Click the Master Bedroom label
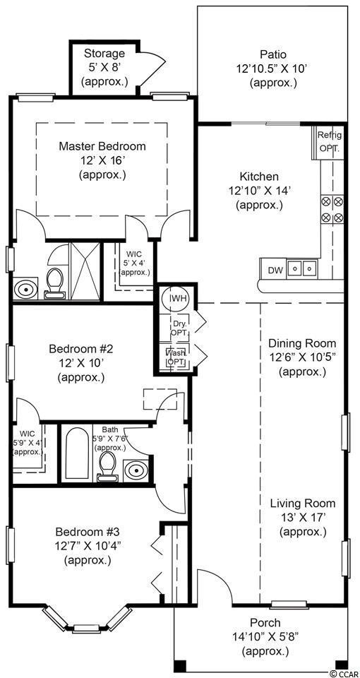[102, 146]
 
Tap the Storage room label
[104, 54]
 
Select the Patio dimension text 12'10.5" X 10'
[273, 69]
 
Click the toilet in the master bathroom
[55, 283]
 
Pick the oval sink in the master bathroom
[25, 290]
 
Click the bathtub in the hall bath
[77, 453]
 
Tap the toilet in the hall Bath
[107, 468]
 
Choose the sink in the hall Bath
[136, 470]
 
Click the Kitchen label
[259, 177]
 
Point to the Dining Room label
[302, 343]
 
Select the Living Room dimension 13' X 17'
[302, 517]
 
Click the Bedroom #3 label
[88, 531]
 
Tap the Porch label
[265, 623]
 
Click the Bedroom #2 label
[80, 348]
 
